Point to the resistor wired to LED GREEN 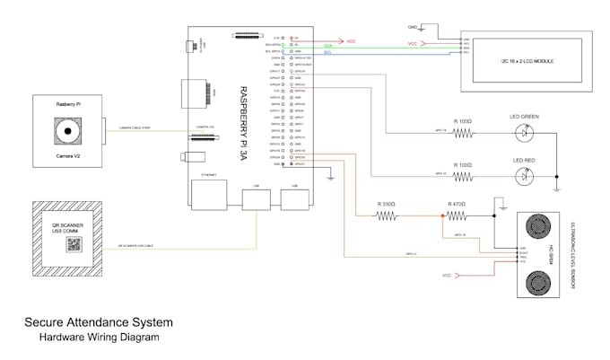[x=463, y=134]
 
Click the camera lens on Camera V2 [x=65, y=131]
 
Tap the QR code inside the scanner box [x=74, y=244]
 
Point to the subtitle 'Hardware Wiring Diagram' [x=98, y=338]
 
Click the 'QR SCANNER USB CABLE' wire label [x=137, y=245]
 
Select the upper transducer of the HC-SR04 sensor [x=538, y=224]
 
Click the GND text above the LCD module [x=412, y=27]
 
